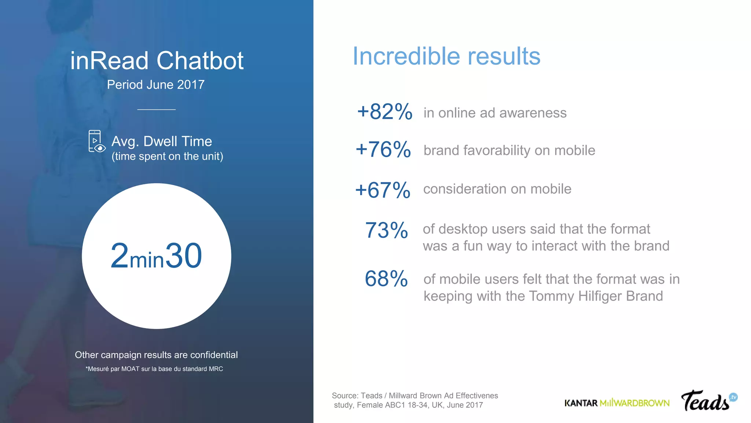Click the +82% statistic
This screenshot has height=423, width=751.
click(385, 112)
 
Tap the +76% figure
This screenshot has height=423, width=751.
click(383, 149)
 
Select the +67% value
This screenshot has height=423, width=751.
click(382, 190)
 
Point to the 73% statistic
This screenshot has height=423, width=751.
click(387, 230)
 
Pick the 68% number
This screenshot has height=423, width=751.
click(386, 278)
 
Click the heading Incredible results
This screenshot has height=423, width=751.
click(446, 56)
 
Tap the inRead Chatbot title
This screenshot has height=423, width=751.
click(157, 61)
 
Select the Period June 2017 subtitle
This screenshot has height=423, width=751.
click(155, 85)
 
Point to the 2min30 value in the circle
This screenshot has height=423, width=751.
click(156, 256)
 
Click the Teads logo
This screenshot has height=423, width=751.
click(708, 401)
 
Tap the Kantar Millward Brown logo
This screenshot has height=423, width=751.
click(617, 403)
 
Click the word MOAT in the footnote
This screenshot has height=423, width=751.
click(130, 369)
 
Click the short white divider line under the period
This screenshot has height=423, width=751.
click(157, 109)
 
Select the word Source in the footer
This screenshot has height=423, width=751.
click(345, 396)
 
